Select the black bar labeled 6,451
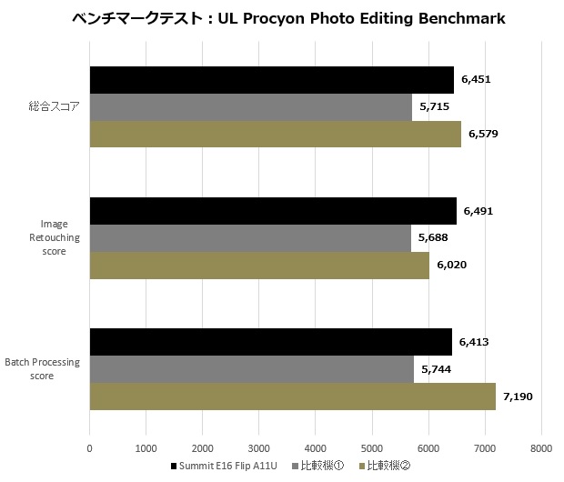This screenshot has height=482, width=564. click(x=271, y=80)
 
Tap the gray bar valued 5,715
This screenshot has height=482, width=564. click(x=250, y=107)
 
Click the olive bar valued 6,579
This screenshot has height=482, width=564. click(x=275, y=134)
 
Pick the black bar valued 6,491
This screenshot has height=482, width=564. click(x=273, y=211)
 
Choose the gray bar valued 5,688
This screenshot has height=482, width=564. click(x=250, y=237)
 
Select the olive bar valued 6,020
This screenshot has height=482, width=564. click(x=259, y=265)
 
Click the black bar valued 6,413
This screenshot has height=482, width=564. click(x=270, y=342)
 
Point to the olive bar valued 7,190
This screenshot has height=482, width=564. click(x=292, y=396)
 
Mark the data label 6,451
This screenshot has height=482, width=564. click(x=476, y=80)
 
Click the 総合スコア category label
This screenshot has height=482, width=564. click(x=54, y=107)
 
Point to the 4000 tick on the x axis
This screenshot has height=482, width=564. click(x=315, y=447)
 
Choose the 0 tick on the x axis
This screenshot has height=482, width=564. click(x=89, y=447)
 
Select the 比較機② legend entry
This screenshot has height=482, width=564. click(x=386, y=467)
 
